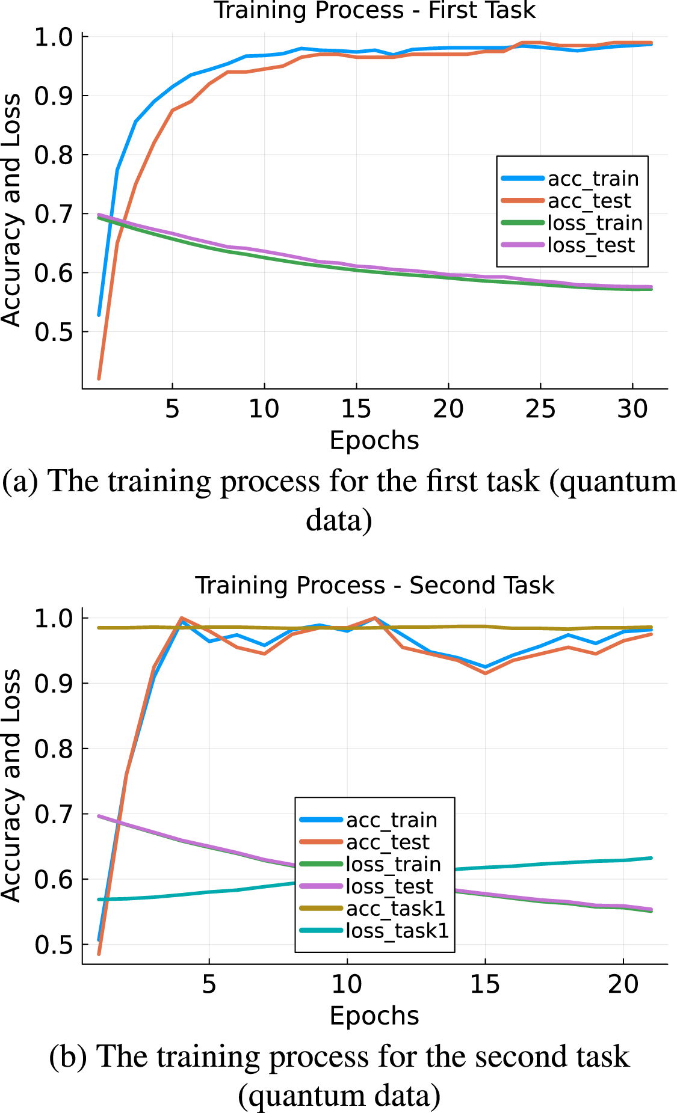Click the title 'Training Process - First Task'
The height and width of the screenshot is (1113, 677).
click(374, 10)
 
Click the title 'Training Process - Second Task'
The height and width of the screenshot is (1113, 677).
click(374, 585)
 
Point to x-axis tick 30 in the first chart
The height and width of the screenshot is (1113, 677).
click(632, 409)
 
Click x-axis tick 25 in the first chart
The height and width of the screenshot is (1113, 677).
click(540, 409)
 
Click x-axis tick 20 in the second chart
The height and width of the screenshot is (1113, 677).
click(623, 984)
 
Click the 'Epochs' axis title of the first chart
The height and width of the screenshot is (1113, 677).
click(374, 441)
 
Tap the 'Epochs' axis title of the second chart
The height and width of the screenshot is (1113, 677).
click(374, 1016)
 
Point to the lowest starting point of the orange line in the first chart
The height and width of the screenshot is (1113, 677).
click(99, 378)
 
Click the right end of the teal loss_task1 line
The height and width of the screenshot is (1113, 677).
click(651, 858)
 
